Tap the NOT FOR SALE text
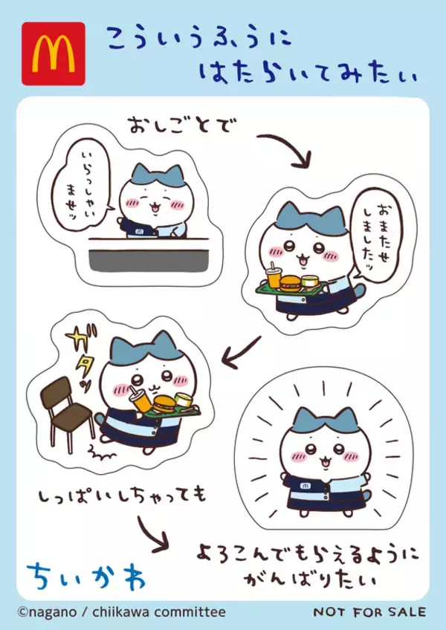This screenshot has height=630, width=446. (369, 611)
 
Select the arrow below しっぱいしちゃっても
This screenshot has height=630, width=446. (152, 534)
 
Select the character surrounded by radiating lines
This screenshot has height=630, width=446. (319, 454)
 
